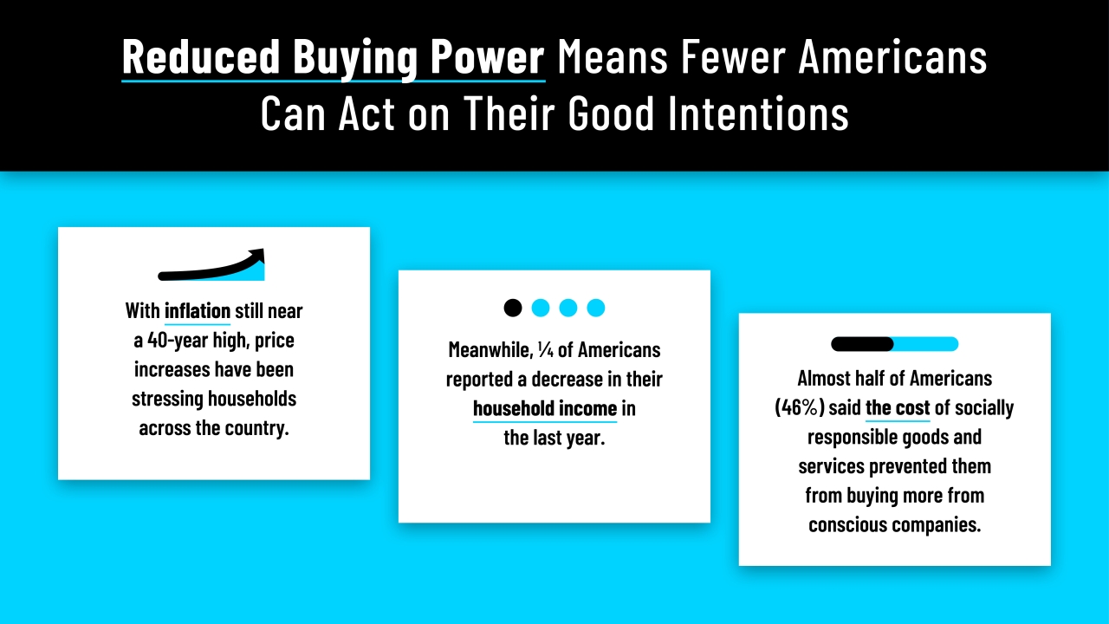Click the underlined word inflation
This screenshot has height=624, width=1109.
coord(198,310)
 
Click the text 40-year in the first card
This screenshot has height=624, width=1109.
coord(177,340)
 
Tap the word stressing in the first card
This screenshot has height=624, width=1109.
coord(167,399)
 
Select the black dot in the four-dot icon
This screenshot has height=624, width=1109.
coord(513,308)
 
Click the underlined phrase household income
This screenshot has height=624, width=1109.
coord(545,408)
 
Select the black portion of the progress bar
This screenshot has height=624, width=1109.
coord(861,344)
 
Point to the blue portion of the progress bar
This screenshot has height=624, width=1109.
coord(925,344)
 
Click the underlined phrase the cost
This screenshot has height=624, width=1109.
coord(898,408)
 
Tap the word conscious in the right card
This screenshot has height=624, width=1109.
coord(846,525)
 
